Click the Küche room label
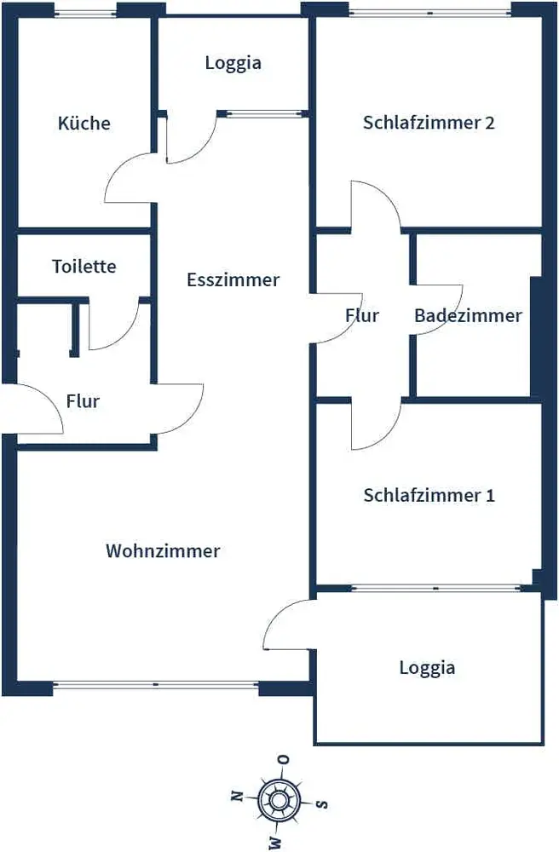[x=84, y=123]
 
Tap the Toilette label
[x=84, y=266]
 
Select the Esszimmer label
[x=233, y=279]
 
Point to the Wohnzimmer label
[x=163, y=550]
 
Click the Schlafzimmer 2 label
[x=429, y=122]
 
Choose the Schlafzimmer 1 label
[x=429, y=495]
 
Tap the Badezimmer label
[x=468, y=315]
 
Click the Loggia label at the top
[x=233, y=62]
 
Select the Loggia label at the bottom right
[x=427, y=667]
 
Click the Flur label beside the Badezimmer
[x=362, y=315]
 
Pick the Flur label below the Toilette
[x=83, y=400]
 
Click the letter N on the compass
[x=237, y=796]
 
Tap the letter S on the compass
[x=322, y=803]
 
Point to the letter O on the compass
[x=285, y=759]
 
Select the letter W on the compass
[x=275, y=842]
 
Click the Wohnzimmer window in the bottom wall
[x=156, y=683]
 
